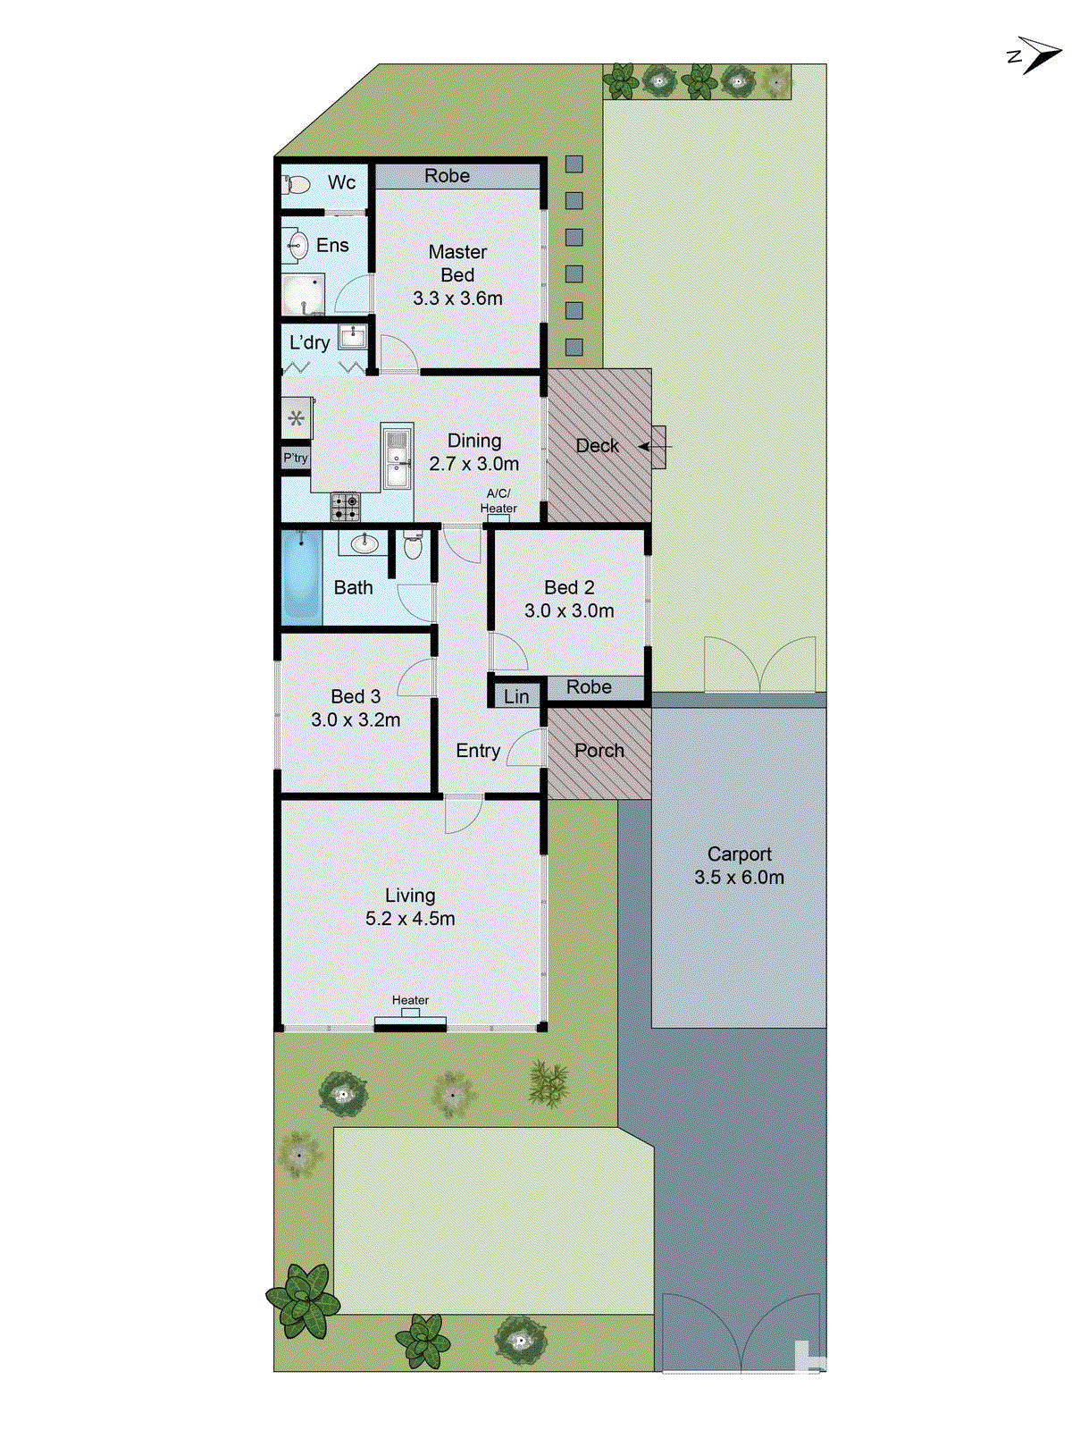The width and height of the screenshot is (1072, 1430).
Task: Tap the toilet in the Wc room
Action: (297, 184)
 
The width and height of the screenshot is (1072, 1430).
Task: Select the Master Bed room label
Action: (457, 264)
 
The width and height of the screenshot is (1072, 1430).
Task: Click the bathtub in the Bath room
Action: (302, 578)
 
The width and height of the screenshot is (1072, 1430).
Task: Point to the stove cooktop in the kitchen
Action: (346, 507)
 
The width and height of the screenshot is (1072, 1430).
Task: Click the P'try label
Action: (296, 458)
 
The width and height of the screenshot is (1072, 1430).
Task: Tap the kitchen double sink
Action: (396, 457)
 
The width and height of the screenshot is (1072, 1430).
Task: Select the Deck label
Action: (597, 446)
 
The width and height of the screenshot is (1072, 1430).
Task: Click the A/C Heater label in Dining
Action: (498, 500)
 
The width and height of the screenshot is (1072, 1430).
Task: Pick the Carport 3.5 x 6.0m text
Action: (739, 866)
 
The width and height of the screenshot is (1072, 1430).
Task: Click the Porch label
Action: (599, 751)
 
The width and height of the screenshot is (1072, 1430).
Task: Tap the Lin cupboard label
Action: (516, 697)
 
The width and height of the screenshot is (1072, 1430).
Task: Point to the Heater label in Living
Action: (410, 1000)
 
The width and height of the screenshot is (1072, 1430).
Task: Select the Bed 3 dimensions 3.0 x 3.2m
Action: (356, 720)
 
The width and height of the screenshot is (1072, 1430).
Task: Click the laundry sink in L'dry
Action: (353, 337)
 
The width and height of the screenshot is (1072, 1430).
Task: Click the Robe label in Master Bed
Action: (447, 176)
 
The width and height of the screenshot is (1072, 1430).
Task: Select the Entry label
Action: (478, 751)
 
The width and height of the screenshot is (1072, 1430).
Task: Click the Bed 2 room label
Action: (569, 587)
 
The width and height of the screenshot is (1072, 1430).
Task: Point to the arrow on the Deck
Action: (647, 446)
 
